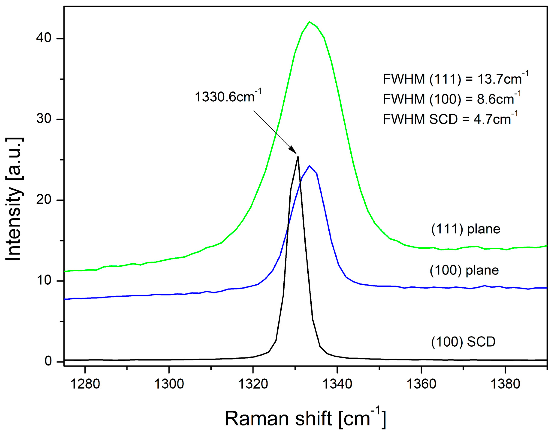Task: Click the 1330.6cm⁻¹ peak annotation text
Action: (228, 97)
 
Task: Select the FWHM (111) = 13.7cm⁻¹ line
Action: (455, 79)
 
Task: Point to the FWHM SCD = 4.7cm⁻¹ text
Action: (450, 119)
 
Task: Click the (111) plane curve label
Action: (465, 229)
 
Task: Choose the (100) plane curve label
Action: (464, 270)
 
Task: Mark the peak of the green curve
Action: (309, 22)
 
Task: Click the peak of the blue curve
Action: (309, 166)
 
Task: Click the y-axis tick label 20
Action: (44, 200)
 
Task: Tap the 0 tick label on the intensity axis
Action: (48, 361)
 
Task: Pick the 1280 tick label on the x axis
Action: (85, 384)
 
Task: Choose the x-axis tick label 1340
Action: (337, 384)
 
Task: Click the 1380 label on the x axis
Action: (505, 384)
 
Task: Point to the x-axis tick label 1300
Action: (169, 384)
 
